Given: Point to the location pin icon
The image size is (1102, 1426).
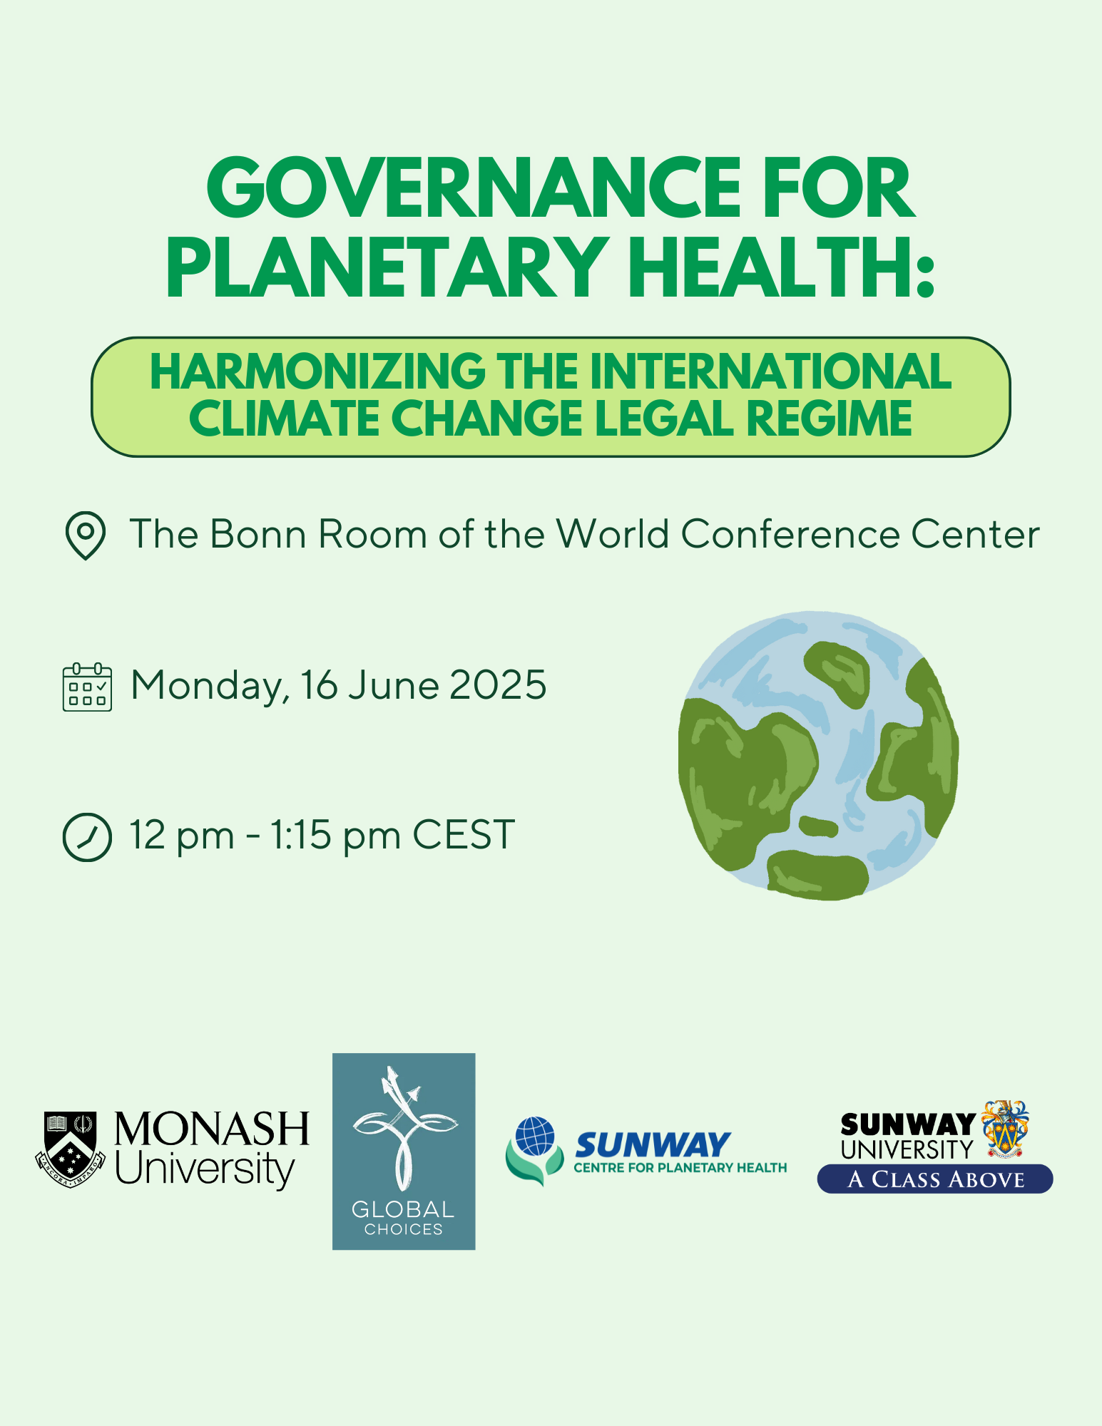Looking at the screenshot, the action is click(x=86, y=535).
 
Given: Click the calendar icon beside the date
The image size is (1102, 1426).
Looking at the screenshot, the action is click(x=87, y=687).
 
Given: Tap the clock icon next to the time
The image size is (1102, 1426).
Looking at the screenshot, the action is click(x=87, y=837).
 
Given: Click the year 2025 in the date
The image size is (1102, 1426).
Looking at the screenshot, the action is click(x=498, y=685).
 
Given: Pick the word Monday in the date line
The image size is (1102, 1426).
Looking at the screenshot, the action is click(x=210, y=687).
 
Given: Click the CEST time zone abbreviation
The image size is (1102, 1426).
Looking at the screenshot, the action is click(x=464, y=835).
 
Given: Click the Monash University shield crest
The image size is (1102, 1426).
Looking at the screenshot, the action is click(x=71, y=1149).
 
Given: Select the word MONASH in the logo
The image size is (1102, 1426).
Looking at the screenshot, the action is click(x=212, y=1129).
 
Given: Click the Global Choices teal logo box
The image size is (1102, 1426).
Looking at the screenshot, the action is click(x=404, y=1151).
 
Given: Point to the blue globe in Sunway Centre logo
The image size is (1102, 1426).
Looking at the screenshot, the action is click(x=536, y=1136).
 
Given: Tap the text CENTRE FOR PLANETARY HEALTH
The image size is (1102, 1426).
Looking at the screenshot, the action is click(x=680, y=1168).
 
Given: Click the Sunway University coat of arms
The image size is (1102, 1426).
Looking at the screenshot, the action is click(x=1005, y=1129).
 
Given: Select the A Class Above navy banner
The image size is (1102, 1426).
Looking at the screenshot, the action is click(x=935, y=1179).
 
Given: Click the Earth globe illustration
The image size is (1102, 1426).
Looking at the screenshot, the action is click(x=818, y=755).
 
